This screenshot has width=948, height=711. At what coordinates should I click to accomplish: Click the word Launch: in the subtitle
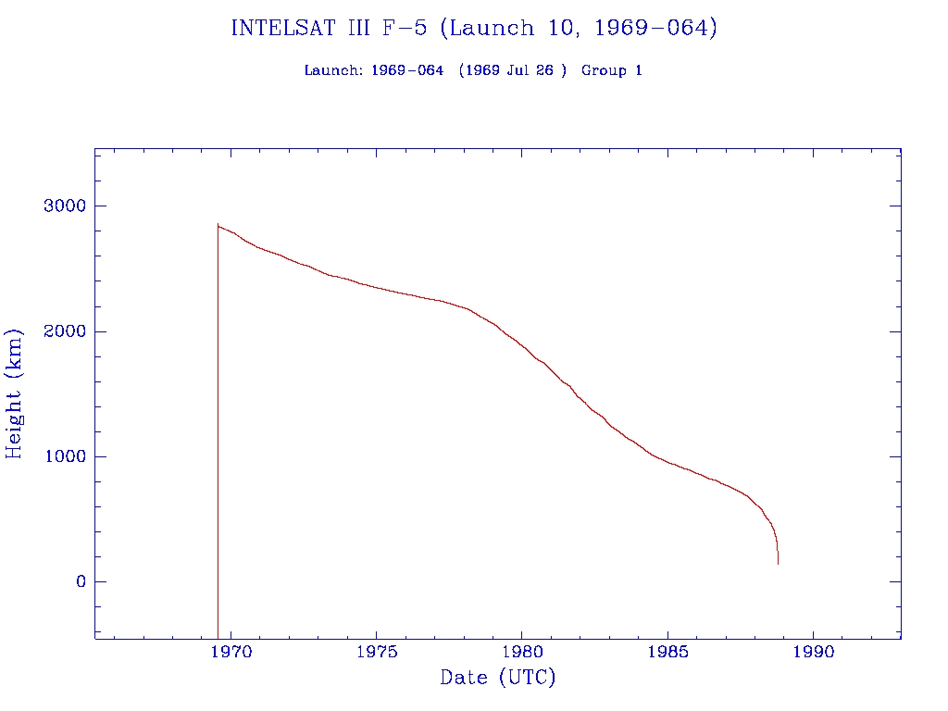[x=333, y=70]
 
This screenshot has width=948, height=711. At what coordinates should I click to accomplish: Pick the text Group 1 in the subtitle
[x=612, y=70]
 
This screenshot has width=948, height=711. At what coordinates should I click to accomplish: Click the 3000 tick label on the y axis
[x=64, y=206]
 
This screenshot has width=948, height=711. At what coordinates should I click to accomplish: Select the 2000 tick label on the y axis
[x=64, y=331]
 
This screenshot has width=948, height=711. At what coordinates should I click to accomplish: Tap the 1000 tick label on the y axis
[x=64, y=456]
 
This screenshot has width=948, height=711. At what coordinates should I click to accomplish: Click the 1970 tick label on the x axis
[x=231, y=650]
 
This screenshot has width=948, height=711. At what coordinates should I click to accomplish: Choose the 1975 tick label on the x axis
[x=376, y=650]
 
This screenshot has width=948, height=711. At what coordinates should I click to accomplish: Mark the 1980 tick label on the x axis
[x=521, y=650]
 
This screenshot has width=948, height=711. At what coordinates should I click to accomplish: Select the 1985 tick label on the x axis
[x=667, y=650]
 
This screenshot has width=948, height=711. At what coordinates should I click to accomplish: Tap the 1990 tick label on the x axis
[x=813, y=650]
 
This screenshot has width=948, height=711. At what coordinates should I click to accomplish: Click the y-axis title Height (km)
[x=15, y=393]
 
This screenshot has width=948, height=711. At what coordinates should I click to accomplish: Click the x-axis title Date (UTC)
[x=498, y=678]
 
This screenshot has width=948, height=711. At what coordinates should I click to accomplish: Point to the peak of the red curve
[x=218, y=224]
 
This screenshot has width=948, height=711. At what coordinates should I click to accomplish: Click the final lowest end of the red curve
[x=778, y=563]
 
